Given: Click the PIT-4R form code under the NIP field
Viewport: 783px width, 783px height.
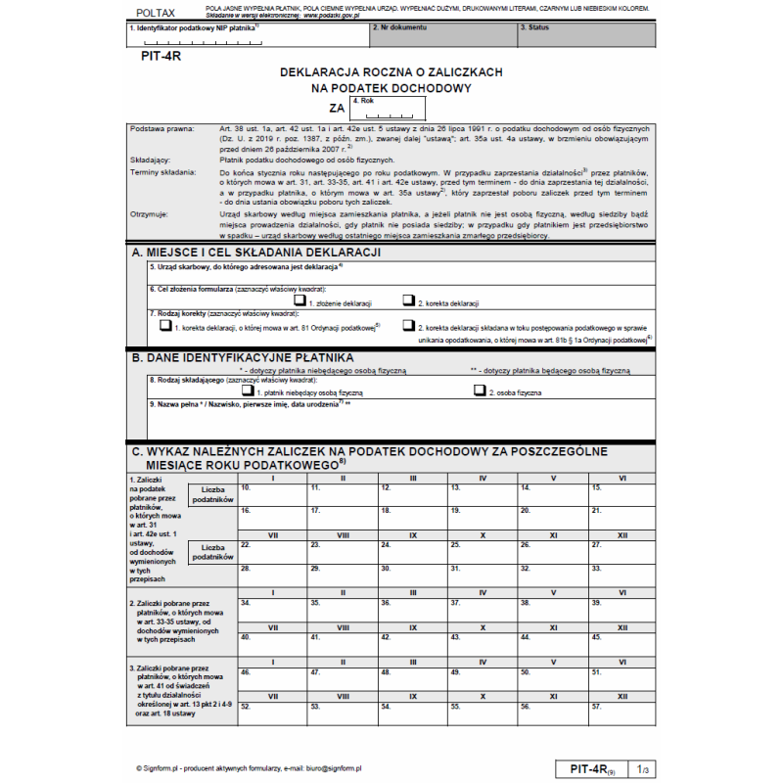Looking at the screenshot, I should tap(161, 56).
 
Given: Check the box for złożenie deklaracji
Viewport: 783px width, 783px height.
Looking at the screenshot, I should tap(299, 300).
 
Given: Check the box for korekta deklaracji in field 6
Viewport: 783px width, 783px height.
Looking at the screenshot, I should tap(409, 300).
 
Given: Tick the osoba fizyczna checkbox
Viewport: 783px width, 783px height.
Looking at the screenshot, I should tap(480, 390).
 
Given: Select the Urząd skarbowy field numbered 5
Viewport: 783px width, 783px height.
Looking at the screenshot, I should tap(391, 271).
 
